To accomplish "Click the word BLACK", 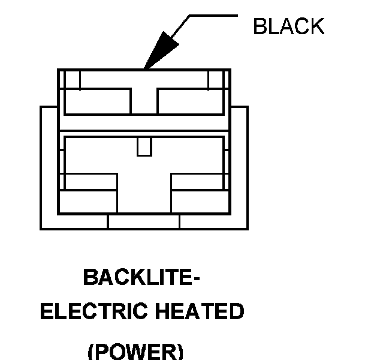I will click(x=288, y=27).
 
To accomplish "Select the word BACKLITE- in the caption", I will click(x=141, y=278).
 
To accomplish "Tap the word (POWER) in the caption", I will click(x=135, y=350).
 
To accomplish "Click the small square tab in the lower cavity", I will click(x=144, y=146).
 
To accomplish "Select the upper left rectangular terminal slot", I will click(x=98, y=101).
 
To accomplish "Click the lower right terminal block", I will click(x=199, y=192).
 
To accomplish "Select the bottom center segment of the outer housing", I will click(x=144, y=222).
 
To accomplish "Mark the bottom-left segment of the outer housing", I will click(x=74, y=222).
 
